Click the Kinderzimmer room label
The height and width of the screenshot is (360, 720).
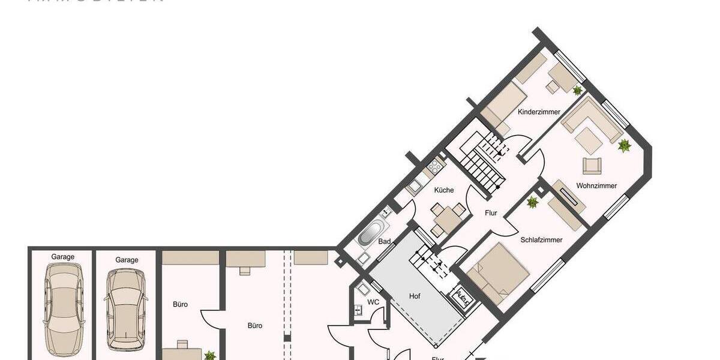click(539, 112)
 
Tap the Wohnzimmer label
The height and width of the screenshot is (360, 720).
click(596, 186)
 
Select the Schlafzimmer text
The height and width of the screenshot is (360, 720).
click(541, 240)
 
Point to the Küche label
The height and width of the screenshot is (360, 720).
click(444, 190)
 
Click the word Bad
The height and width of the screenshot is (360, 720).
click(385, 242)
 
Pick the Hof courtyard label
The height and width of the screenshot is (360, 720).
click(415, 296)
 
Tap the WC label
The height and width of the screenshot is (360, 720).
click(373, 302)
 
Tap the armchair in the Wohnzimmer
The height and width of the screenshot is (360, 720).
click(592, 165)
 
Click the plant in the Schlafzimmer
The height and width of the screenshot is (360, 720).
click(532, 203)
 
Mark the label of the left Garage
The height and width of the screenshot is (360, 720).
click(63, 257)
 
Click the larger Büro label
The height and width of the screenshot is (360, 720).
click(255, 326)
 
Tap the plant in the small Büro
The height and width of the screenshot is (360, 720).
click(209, 355)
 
